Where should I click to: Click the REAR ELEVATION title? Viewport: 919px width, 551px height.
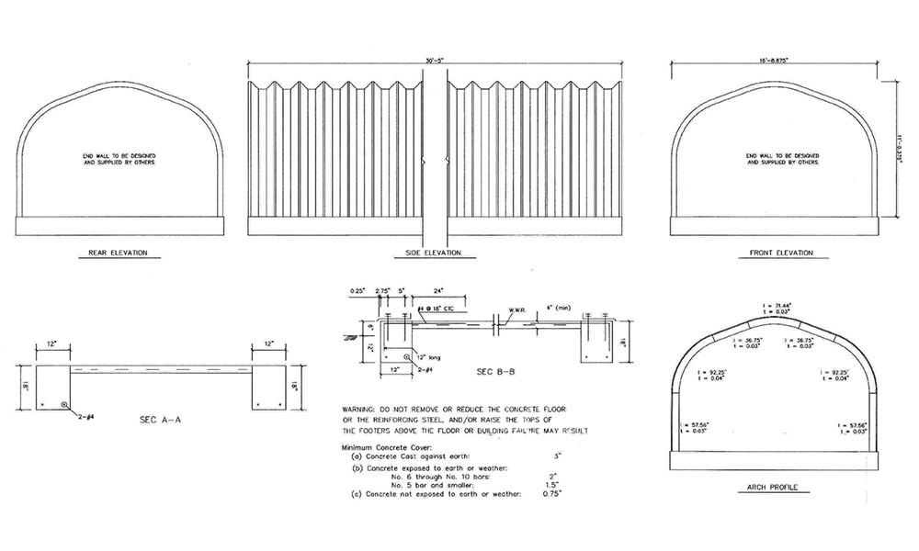[x=118, y=253]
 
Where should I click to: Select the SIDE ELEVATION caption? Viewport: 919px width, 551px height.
[x=433, y=253]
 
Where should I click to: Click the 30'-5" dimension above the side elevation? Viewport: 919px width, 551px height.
[x=433, y=62]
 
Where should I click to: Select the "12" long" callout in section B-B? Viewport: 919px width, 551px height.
[x=428, y=356]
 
